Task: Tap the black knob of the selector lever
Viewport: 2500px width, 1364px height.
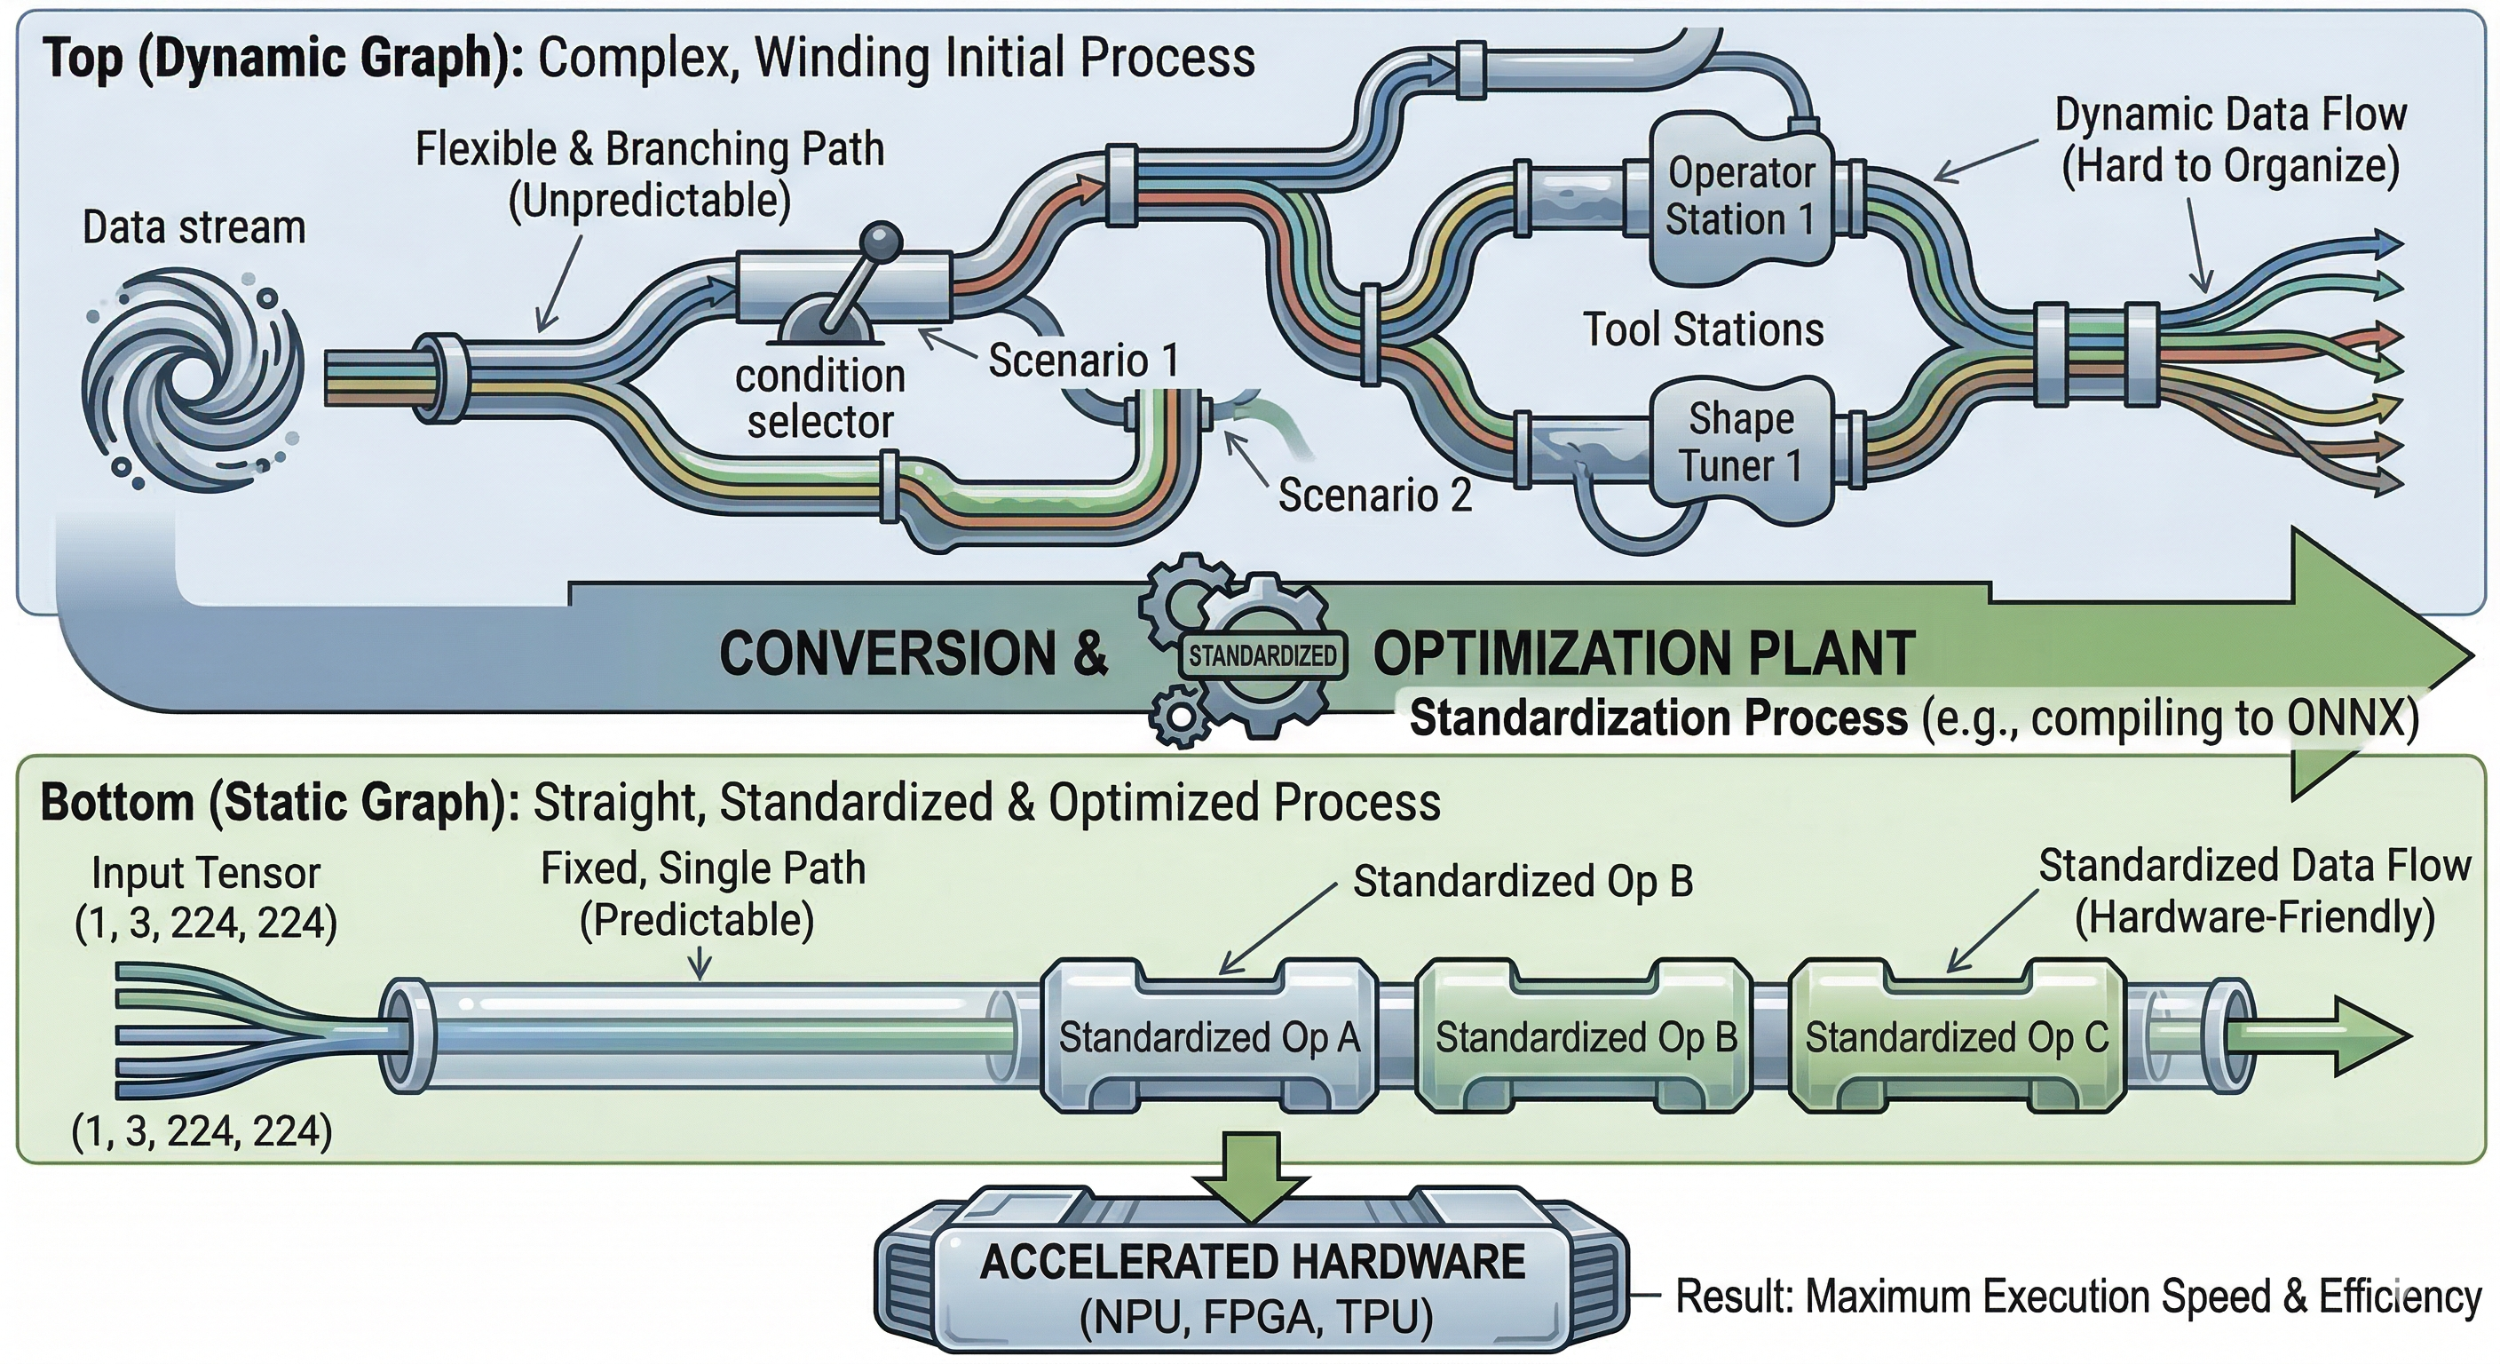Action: tap(882, 239)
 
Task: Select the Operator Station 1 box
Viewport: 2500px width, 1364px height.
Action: tap(1741, 197)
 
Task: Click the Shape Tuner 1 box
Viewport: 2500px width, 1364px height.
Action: tap(1741, 443)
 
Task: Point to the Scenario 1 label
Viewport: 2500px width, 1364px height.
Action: tap(1083, 361)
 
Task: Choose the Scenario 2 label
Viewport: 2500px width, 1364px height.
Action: tap(1374, 496)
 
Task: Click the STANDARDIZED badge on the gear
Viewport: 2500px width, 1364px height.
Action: tap(1262, 656)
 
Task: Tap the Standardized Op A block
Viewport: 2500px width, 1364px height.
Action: tap(1208, 1037)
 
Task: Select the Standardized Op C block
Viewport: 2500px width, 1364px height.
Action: tap(1956, 1037)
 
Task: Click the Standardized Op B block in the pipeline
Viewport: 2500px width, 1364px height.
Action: tap(1586, 1037)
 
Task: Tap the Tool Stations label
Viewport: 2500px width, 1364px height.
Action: tap(1704, 330)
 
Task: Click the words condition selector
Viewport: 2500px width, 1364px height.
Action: tap(820, 398)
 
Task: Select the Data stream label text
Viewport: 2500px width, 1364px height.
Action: tap(194, 228)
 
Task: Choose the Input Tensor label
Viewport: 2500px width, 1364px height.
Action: tap(206, 874)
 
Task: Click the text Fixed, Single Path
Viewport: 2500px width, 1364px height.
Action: tap(702, 868)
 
